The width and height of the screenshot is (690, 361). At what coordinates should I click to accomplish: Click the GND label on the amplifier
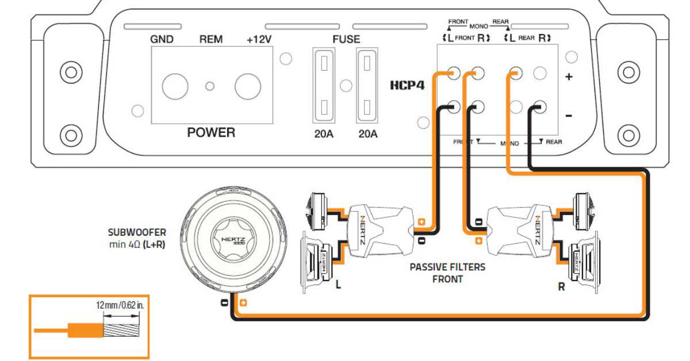pyautogui.click(x=163, y=40)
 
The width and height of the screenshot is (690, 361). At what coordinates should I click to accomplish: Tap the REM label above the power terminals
pyautogui.click(x=210, y=40)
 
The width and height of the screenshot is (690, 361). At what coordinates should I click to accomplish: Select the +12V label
pyautogui.click(x=259, y=40)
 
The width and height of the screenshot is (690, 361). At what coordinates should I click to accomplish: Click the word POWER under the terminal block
pyautogui.click(x=211, y=133)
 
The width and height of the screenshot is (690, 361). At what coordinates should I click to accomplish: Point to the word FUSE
pyautogui.click(x=346, y=40)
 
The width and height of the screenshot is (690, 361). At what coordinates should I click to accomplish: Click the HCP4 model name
pyautogui.click(x=407, y=86)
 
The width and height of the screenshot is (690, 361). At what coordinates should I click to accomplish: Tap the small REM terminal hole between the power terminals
pyautogui.click(x=210, y=86)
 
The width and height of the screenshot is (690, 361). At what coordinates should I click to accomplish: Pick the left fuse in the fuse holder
pyautogui.click(x=324, y=86)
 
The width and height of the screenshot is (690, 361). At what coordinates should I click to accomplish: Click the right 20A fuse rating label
pyautogui.click(x=367, y=135)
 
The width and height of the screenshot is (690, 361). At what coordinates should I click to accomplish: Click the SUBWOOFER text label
pyautogui.click(x=137, y=233)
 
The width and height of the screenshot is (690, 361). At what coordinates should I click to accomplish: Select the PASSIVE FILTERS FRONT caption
pyautogui.click(x=447, y=273)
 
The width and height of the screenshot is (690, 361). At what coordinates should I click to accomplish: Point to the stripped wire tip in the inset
pyautogui.click(x=121, y=331)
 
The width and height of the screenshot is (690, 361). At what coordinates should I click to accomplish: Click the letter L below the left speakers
pyautogui.click(x=338, y=284)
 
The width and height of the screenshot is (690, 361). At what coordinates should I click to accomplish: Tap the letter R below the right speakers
pyautogui.click(x=561, y=286)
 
